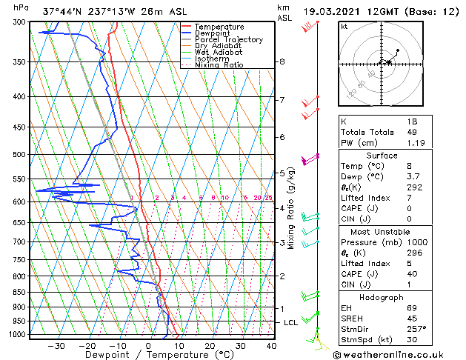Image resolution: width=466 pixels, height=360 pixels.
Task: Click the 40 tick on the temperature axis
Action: click(x=271, y=346)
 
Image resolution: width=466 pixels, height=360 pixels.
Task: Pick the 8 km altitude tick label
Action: click(x=282, y=61)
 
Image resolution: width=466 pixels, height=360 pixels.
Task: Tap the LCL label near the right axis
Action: click(x=290, y=323)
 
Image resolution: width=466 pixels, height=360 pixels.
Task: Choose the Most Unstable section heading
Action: click(x=382, y=230)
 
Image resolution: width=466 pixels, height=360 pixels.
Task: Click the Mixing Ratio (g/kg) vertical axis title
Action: click(x=291, y=208)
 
